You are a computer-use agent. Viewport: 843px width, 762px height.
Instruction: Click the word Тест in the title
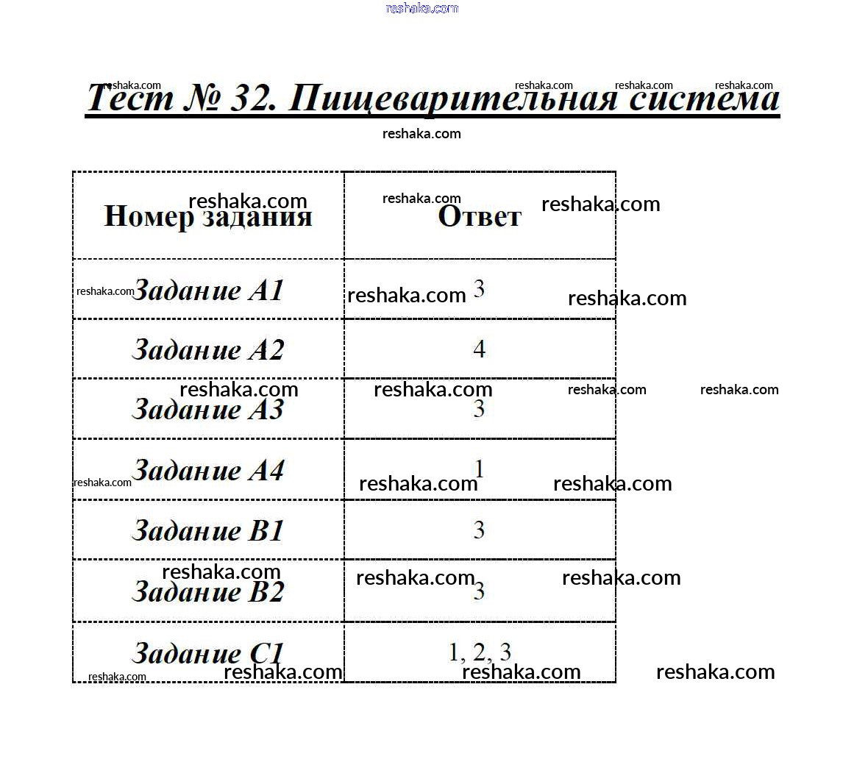[131, 99]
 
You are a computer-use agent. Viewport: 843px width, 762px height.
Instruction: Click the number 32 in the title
[254, 99]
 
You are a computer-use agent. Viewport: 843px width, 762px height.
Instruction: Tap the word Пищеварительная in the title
[453, 99]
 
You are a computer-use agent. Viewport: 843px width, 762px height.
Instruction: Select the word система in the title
[704, 99]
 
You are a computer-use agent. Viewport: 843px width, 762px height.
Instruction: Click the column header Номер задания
[208, 217]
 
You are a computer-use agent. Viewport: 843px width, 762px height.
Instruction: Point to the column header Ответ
[480, 217]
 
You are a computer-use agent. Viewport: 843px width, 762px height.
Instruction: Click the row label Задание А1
[208, 291]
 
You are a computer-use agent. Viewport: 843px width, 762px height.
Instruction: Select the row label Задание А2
[208, 349]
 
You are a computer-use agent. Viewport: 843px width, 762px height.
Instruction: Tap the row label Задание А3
[208, 409]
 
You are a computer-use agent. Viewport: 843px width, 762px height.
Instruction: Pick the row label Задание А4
[208, 470]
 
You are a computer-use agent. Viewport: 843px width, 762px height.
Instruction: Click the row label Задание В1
[208, 530]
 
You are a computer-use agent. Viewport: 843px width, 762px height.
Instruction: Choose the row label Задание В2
[208, 591]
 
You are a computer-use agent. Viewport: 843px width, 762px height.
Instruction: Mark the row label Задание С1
[208, 653]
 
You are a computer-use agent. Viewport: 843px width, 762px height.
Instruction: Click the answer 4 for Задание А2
[480, 349]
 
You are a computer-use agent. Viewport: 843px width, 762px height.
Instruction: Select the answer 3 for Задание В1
[480, 530]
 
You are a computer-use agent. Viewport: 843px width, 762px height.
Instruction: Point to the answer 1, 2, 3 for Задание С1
[480, 652]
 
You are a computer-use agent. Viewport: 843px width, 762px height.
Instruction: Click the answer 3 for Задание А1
[479, 289]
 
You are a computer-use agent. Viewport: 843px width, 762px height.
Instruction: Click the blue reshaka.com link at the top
[422, 8]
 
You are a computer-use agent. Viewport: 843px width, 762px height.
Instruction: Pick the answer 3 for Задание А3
[479, 409]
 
